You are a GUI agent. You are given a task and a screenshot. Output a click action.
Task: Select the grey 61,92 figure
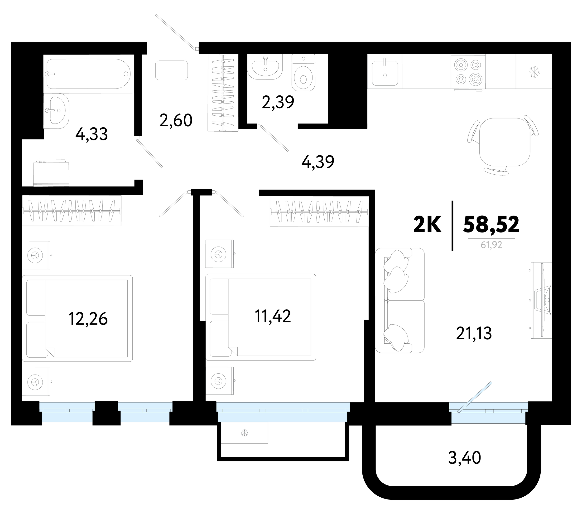point(491,245)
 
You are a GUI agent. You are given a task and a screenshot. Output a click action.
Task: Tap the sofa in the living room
point(400,300)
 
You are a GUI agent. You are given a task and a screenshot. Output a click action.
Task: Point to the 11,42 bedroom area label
point(273,316)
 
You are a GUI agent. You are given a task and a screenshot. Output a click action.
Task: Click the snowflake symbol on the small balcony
point(244,433)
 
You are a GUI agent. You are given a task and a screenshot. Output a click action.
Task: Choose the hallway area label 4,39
point(318,162)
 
